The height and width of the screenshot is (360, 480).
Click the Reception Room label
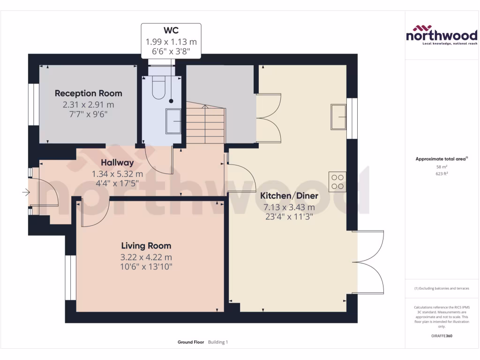click(88, 93)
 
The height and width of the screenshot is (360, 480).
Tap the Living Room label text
click(146, 246)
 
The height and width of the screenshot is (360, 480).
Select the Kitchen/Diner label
click(289, 196)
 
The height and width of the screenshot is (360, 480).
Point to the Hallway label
click(117, 163)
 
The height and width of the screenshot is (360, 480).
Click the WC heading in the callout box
click(171, 31)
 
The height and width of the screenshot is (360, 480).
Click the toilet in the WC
click(158, 88)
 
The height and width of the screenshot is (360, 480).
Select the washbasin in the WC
click(173, 121)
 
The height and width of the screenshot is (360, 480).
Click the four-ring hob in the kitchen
click(337, 181)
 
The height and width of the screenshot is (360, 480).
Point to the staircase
click(206, 123)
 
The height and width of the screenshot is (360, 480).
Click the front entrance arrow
click(26, 192)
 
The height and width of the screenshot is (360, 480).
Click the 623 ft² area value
click(441, 173)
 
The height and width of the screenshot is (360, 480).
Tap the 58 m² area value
click(441, 166)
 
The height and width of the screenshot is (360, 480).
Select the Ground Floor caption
click(191, 342)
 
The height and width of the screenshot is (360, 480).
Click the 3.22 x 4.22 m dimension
click(146, 257)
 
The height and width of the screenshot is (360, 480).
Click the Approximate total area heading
click(441, 159)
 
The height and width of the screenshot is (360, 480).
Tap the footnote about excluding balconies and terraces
click(441, 288)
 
